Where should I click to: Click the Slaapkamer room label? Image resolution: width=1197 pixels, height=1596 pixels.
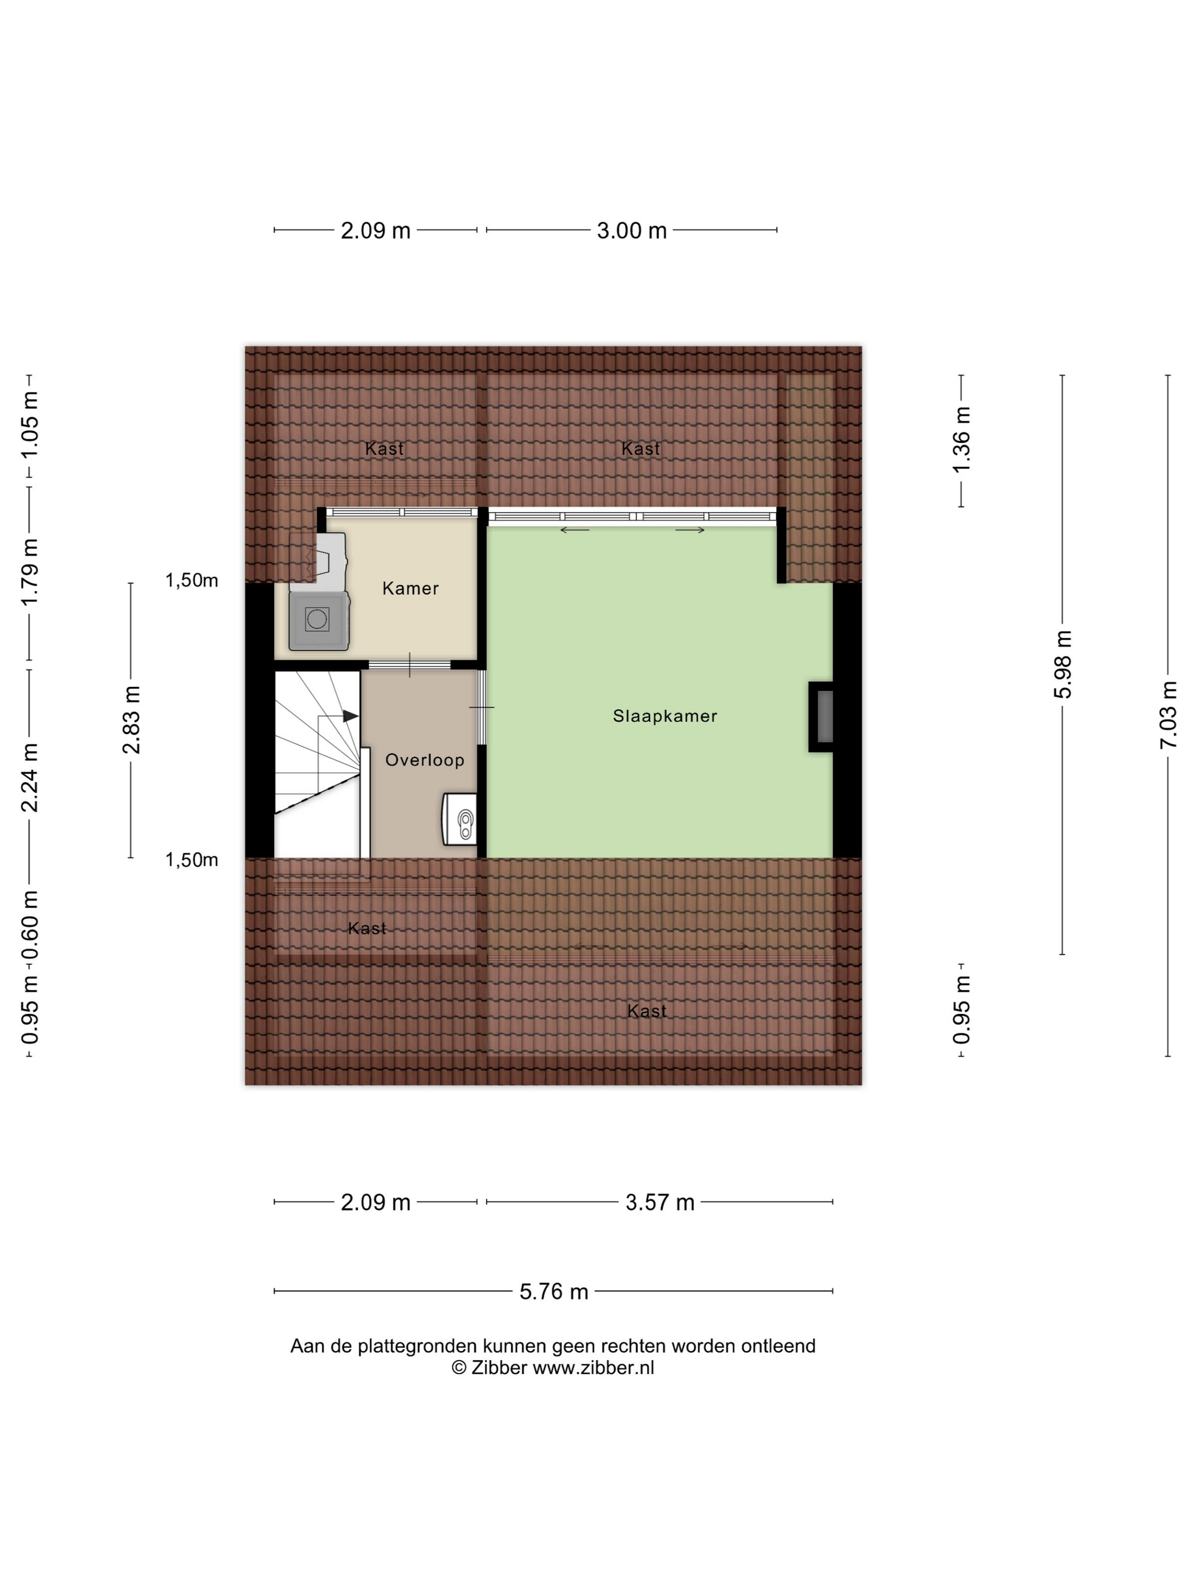665,716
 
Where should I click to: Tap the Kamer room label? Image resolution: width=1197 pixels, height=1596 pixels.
410,588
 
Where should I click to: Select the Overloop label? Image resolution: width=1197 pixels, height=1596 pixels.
424,760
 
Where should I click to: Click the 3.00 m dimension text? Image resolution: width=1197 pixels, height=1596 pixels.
632,231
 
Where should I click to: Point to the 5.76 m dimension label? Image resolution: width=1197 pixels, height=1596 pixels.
554,1292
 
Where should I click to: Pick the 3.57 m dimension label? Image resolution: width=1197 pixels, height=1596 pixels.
659,1202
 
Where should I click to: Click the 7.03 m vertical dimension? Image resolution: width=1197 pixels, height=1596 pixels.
1168,715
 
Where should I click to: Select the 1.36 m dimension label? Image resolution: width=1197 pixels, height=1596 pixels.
962,439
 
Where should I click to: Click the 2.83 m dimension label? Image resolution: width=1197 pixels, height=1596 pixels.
131,720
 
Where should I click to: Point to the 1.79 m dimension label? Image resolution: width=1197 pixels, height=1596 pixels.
30,573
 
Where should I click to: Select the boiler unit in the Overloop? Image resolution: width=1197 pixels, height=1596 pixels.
459,819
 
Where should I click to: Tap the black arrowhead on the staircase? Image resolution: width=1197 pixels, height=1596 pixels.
351,716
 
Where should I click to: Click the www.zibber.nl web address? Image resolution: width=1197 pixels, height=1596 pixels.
593,1368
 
